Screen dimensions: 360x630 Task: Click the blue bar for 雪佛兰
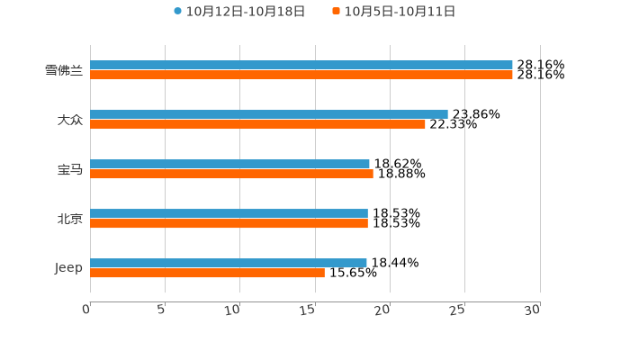coord(301,65)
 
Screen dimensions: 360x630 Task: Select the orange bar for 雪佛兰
coord(301,76)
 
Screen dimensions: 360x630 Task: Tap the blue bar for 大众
coord(269,114)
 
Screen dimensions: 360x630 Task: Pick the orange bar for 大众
coord(257,125)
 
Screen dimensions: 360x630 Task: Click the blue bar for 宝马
coord(229,164)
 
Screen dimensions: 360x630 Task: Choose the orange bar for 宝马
coord(231,175)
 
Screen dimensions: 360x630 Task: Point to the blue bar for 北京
coord(229,213)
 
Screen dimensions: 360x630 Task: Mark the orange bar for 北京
coord(229,224)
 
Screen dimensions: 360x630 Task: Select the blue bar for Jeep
coord(229,263)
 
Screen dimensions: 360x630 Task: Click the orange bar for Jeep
coord(207,274)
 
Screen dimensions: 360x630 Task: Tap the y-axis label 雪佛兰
coord(64,70)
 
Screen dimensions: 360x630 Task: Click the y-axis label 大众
coord(70,120)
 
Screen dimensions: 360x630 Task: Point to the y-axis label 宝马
coord(70,169)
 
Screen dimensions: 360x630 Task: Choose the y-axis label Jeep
coord(68,268)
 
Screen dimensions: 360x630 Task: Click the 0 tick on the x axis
coord(86,310)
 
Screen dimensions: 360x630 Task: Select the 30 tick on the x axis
coord(533,310)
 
